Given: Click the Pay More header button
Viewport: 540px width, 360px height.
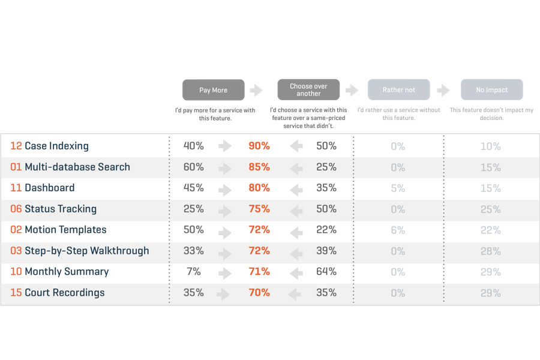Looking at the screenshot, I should (213, 90).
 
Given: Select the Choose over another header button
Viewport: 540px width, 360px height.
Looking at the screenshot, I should (308, 90).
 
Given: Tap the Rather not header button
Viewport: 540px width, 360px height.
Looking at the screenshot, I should (398, 90).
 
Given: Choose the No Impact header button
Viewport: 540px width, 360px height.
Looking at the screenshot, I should (491, 90).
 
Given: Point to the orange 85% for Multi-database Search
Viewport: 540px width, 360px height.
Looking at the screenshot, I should (259, 167).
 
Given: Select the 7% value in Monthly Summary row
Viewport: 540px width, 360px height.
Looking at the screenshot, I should (194, 272).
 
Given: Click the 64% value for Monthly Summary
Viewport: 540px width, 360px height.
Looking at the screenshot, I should (326, 272).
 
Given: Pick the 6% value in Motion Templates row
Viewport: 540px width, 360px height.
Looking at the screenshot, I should (398, 230).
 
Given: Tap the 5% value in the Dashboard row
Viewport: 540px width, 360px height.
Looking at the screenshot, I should (398, 188).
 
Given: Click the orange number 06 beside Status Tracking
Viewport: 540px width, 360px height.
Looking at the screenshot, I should (16, 209).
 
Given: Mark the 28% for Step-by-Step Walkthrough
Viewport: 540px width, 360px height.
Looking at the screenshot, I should (490, 251).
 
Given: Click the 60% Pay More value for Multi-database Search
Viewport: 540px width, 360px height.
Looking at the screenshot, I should (194, 167).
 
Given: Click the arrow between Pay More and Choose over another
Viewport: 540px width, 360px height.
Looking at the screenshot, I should (256, 90).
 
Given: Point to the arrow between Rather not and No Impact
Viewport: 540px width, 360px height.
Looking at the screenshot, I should (443, 90).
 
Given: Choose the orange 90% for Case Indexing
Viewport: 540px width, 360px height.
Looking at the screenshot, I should (259, 146).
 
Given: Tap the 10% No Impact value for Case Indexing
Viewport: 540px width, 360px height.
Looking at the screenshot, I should (490, 146).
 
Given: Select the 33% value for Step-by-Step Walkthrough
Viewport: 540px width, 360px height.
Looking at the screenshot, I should (194, 251).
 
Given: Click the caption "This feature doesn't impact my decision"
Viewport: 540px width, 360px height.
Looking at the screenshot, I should (491, 114).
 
